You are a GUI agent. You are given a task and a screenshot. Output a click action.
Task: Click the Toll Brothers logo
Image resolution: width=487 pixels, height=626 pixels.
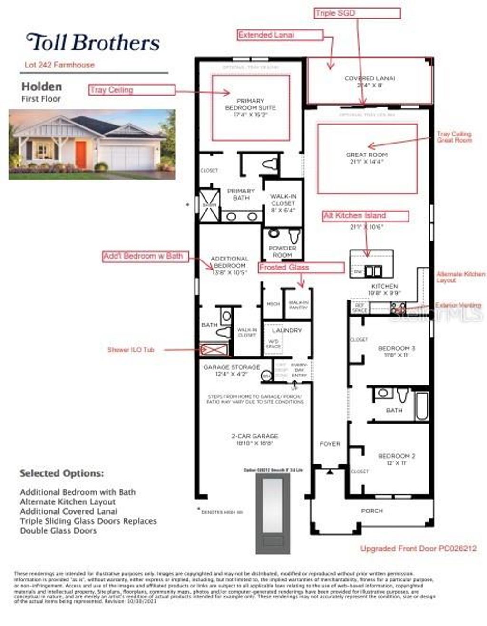pyautogui.click(x=93, y=42)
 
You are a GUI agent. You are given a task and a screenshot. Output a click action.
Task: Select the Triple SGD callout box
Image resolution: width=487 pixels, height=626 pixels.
pyautogui.click(x=357, y=13)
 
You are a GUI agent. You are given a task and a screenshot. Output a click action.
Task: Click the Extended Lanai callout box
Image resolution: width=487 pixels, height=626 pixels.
pyautogui.click(x=280, y=35)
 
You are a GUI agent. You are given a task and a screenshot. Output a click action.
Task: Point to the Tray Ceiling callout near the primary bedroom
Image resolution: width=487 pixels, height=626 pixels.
pyautogui.click(x=132, y=90)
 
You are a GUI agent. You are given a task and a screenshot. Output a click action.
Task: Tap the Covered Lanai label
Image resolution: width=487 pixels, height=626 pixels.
pyautogui.click(x=370, y=82)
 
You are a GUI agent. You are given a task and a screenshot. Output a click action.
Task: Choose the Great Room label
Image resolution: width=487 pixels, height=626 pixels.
pyautogui.click(x=367, y=158)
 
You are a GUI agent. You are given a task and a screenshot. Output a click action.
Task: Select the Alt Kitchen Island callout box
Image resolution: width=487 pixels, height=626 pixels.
pyautogui.click(x=365, y=216)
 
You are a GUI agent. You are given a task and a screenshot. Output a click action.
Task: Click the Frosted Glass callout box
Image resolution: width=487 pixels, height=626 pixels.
pyautogui.click(x=301, y=268)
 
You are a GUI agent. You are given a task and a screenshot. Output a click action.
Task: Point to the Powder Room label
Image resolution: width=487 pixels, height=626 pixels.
pyautogui.click(x=282, y=251)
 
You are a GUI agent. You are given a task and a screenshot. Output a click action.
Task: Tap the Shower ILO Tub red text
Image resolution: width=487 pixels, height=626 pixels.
pyautogui.click(x=131, y=350)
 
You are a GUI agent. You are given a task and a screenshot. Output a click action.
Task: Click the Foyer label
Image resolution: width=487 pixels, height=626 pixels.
pyautogui.click(x=330, y=443)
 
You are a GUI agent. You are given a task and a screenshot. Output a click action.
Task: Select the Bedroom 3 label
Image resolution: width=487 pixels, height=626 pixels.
pyautogui.click(x=396, y=351)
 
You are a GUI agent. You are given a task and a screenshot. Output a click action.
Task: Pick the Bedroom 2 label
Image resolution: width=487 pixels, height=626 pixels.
pyautogui.click(x=397, y=459)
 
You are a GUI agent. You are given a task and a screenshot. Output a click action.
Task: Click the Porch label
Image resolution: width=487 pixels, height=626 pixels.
pyautogui.click(x=372, y=510)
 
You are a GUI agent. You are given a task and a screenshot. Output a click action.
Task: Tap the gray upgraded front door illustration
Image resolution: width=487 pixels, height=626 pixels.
pyautogui.click(x=273, y=513)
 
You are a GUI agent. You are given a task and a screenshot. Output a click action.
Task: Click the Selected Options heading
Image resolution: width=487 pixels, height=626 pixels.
pyautogui.click(x=61, y=473)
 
